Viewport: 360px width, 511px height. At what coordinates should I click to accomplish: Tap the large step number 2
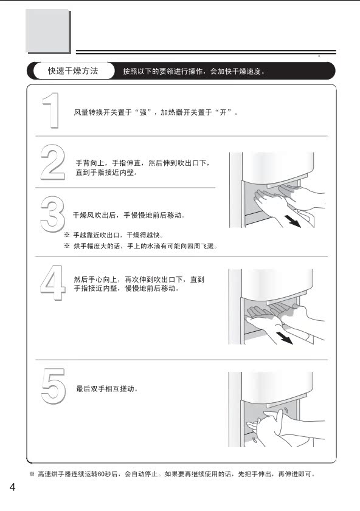[x=53, y=162]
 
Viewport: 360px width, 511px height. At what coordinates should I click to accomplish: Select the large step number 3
[x=52, y=214]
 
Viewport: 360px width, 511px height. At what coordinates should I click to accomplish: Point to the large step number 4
[x=53, y=282]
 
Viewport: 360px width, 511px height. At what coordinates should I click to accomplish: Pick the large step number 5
[x=54, y=386]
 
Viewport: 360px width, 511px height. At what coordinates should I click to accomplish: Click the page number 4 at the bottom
[x=12, y=487]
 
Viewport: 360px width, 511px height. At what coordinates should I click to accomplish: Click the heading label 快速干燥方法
[x=73, y=70]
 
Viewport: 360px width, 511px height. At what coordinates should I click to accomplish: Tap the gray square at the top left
[x=47, y=30]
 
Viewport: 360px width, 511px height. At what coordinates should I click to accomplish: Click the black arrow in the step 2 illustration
[x=292, y=221]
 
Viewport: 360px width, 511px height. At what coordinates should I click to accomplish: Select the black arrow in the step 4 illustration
[x=284, y=338]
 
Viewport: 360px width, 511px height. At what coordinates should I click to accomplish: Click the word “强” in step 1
[x=143, y=112]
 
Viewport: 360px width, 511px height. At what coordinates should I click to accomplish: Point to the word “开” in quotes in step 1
[x=223, y=112]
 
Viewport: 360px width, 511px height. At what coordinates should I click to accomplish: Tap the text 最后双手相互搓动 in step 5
[x=105, y=389]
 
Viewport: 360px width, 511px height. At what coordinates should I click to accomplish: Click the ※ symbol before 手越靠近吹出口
[x=67, y=235]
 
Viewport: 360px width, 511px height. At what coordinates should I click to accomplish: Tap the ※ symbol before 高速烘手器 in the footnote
[x=32, y=474]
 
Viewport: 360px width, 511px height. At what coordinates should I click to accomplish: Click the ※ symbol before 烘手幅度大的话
[x=67, y=245]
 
